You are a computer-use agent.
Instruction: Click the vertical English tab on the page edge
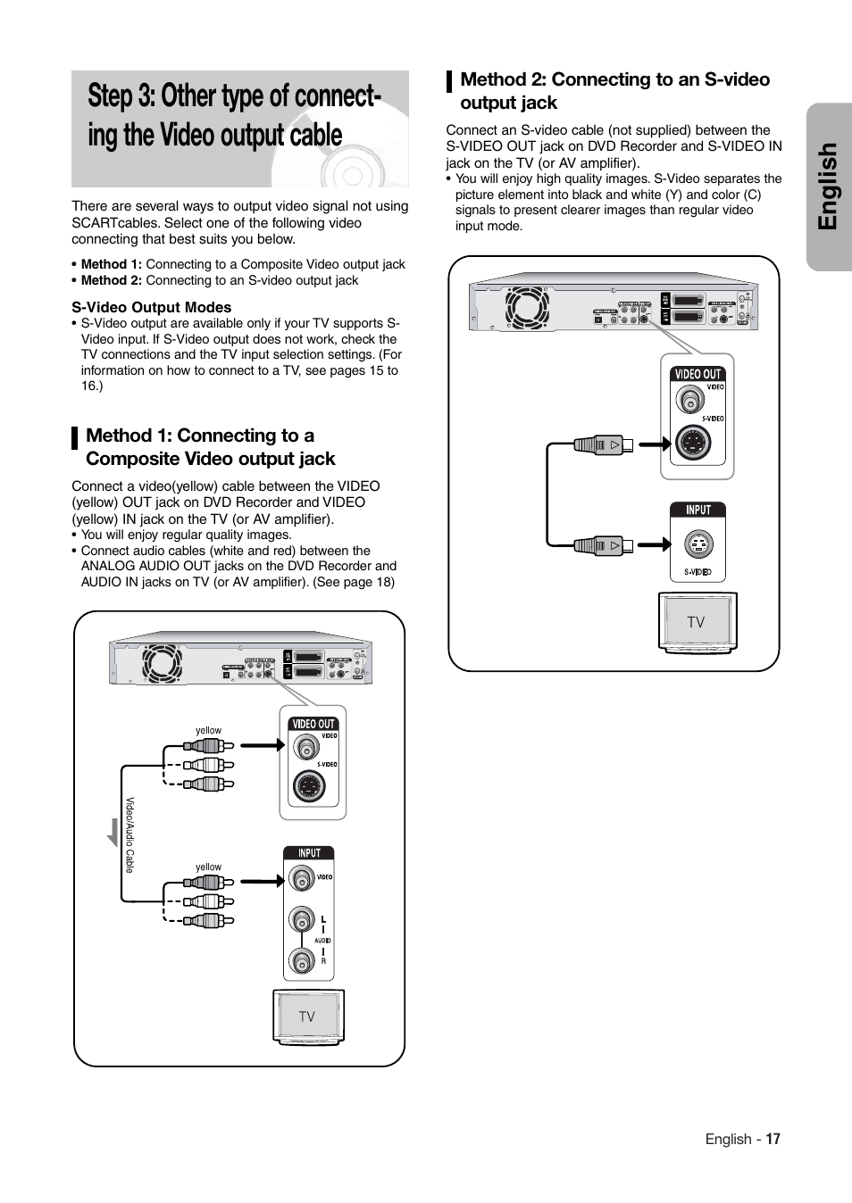pos(829,187)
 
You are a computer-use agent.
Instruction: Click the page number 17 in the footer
pos(773,1139)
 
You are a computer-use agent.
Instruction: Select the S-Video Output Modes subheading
pos(152,307)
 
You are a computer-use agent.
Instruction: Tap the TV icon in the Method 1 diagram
pos(308,1016)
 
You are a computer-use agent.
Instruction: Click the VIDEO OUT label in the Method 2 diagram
pos(697,374)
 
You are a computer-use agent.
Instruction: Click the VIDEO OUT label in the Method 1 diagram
pos(313,724)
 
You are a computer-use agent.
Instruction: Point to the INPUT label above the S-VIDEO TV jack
pos(697,510)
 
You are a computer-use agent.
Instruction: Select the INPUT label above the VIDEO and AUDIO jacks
pos(309,852)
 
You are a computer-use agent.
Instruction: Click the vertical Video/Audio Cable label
pos(129,835)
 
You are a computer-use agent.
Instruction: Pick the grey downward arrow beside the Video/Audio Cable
pos(113,832)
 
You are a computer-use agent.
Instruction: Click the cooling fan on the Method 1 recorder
pos(162,663)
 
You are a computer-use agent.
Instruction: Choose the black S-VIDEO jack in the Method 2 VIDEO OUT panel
pos(693,442)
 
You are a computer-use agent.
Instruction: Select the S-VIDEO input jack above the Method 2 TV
pos(698,544)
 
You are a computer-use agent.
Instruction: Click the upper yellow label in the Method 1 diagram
pos(208,730)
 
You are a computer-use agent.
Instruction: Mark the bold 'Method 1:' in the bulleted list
pos(111,264)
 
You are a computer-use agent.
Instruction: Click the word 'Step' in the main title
pos(111,96)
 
